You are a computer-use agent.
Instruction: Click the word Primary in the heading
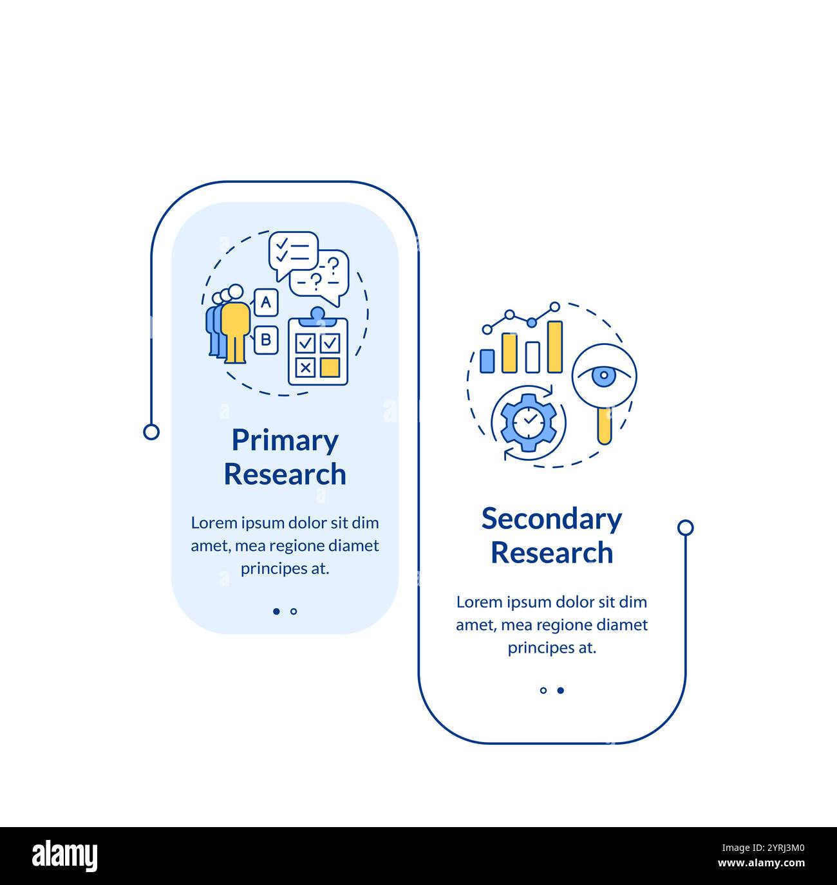point(285,441)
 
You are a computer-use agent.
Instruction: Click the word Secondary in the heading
point(552,519)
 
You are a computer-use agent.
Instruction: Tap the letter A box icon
point(266,301)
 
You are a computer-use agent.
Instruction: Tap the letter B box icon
point(266,339)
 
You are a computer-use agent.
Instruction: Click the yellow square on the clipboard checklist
point(330,367)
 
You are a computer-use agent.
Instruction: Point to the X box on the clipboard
point(305,367)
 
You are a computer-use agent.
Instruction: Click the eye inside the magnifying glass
point(603,376)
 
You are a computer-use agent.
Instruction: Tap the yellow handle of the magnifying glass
point(604,425)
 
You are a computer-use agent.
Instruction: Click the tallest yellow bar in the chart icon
point(554,346)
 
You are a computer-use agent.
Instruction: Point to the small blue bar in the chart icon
point(487,361)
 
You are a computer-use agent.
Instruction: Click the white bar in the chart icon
point(532,357)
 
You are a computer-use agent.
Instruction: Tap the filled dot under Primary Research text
point(276,611)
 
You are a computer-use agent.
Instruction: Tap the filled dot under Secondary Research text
point(561,690)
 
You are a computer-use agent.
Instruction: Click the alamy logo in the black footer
point(65,856)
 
